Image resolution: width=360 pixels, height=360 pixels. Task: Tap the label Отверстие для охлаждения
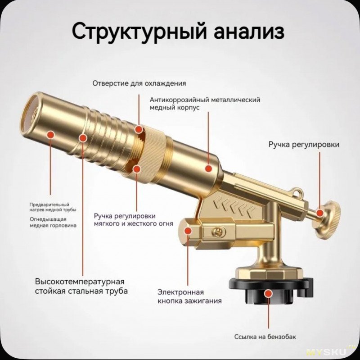click(x=139, y=83)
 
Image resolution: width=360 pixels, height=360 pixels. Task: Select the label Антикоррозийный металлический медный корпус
click(x=205, y=104)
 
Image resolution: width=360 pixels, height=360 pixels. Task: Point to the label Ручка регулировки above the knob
click(x=304, y=145)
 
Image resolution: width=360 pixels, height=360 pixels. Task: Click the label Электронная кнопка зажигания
click(x=189, y=296)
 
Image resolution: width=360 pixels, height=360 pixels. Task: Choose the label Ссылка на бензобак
click(x=265, y=337)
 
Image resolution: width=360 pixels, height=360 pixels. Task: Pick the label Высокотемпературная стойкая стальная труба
click(x=81, y=286)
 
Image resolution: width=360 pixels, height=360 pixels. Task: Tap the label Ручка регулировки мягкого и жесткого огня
click(x=133, y=220)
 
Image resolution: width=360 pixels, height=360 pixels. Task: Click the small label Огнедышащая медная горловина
click(x=53, y=222)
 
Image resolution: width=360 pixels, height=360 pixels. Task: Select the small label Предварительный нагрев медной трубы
click(x=53, y=207)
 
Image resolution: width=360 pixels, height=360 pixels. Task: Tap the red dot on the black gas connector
click(x=268, y=293)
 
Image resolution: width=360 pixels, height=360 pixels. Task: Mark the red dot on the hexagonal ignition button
click(x=188, y=231)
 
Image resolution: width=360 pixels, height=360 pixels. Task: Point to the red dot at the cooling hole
click(x=139, y=129)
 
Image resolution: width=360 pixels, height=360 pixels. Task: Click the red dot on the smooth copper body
click(x=208, y=169)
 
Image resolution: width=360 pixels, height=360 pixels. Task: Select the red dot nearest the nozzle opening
click(x=50, y=134)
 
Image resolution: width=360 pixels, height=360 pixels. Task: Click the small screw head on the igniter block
click(x=217, y=232)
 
